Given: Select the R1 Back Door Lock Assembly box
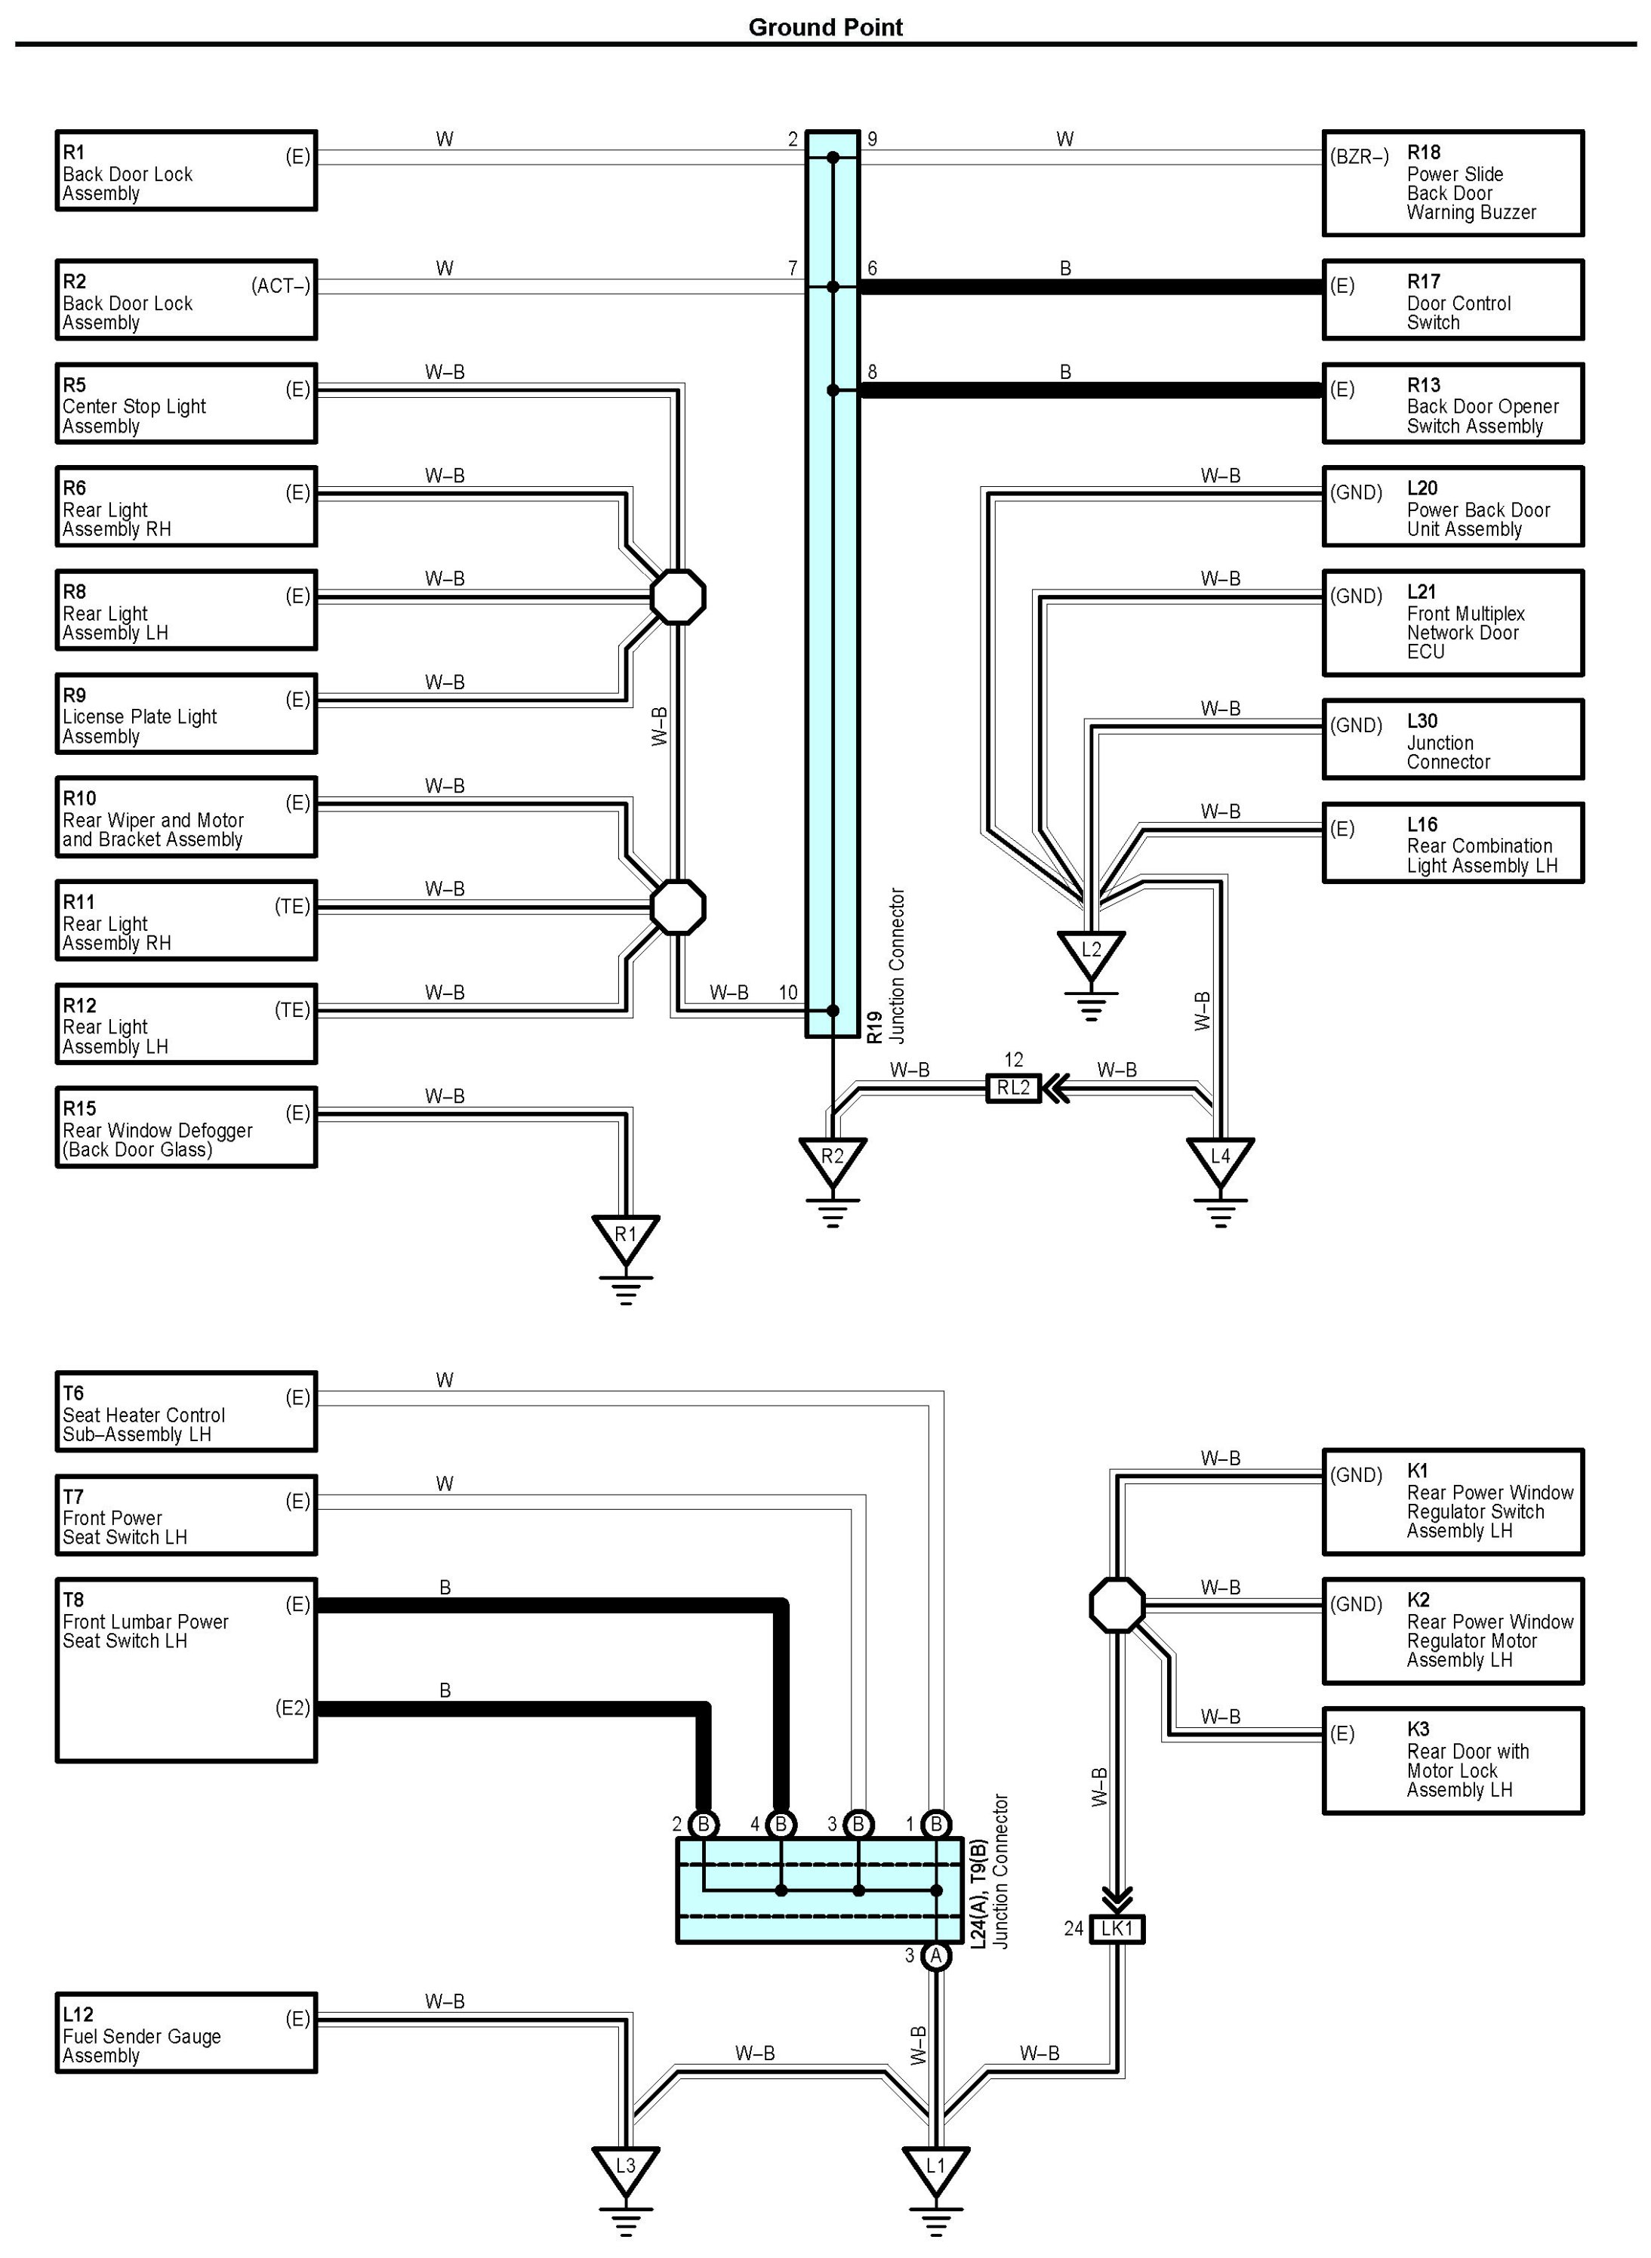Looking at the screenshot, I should tap(186, 171).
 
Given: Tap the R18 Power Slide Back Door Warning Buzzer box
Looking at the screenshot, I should tap(1452, 183).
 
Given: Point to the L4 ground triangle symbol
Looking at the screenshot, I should tap(1220, 1159).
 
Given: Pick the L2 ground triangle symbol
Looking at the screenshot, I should tap(1092, 951).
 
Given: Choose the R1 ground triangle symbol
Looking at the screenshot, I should tap(626, 1237).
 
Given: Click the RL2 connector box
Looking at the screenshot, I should tap(1013, 1088).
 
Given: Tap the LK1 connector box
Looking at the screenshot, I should tap(1117, 1928).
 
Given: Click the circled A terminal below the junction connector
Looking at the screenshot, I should tap(936, 1955).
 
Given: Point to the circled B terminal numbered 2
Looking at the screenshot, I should tap(704, 1825).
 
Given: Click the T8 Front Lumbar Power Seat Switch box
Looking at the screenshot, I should tap(186, 1669).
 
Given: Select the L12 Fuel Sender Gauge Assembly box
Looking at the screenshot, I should tap(186, 2032).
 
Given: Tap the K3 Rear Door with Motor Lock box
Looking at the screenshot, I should tap(1452, 1761).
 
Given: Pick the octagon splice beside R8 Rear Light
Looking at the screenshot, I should tap(679, 597).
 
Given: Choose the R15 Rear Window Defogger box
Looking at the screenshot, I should tap(186, 1127).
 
